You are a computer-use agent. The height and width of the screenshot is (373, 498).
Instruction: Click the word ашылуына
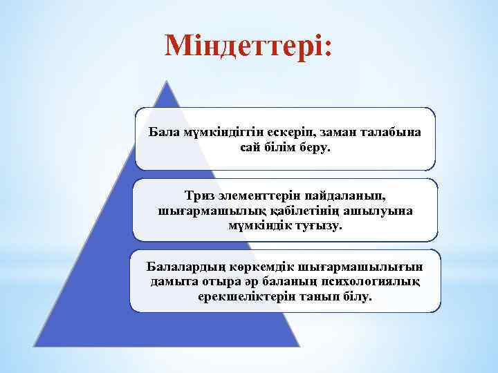[375, 211]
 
